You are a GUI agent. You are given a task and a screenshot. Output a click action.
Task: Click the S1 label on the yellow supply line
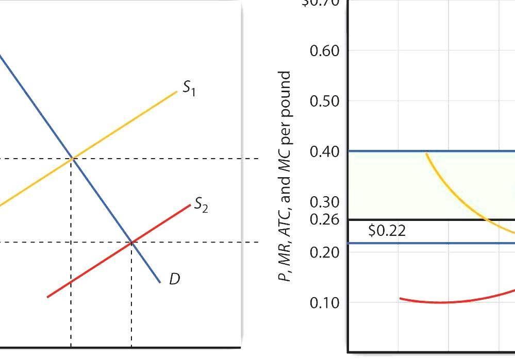tap(189, 90)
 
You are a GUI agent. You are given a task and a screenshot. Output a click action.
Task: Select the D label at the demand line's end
tap(174, 280)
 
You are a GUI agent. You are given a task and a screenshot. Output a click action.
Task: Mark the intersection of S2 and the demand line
tap(131, 242)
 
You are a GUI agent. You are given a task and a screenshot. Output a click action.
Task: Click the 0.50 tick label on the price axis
tap(325, 101)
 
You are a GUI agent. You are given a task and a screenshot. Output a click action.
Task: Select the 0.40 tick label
tap(325, 151)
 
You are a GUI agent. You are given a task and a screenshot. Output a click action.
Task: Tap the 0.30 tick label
tap(325, 202)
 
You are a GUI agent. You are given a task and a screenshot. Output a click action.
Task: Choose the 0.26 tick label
tap(325, 220)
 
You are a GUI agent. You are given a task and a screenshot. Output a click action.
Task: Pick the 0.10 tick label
tap(325, 302)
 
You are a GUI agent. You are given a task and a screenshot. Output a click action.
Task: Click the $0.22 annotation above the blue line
tap(387, 231)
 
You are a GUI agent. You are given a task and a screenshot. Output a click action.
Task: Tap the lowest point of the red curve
tap(441, 302)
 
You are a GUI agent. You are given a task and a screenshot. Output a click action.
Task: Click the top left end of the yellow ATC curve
tap(426, 153)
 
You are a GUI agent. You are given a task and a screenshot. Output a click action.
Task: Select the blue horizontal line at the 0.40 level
tap(387, 151)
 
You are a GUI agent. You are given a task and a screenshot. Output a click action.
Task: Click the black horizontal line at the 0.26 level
tap(412, 220)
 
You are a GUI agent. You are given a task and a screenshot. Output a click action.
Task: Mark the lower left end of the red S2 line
tap(48, 297)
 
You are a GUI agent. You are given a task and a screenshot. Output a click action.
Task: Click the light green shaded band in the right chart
tap(387, 185)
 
